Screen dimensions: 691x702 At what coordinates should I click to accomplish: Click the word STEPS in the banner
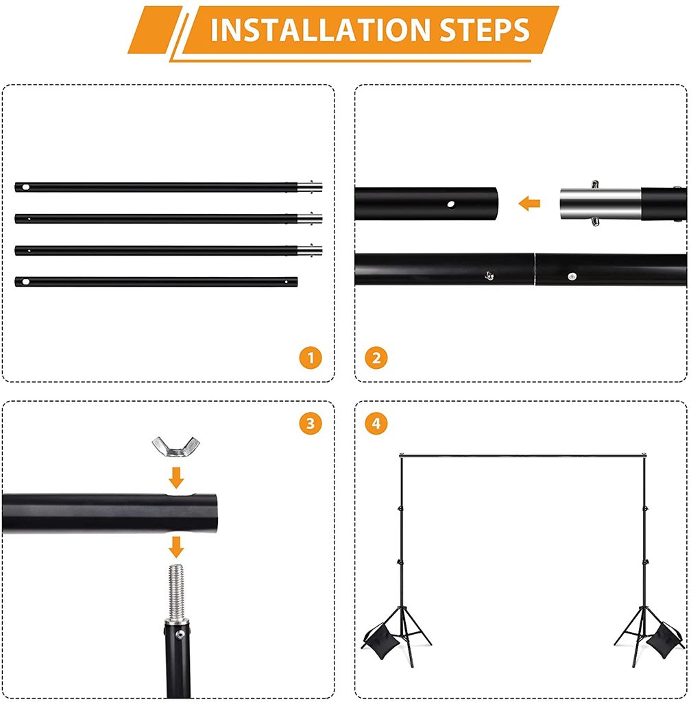point(485,30)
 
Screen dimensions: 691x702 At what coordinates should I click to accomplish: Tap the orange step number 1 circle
point(311,358)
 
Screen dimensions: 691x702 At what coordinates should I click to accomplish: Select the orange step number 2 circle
point(376,358)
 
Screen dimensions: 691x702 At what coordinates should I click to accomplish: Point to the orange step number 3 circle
point(311,424)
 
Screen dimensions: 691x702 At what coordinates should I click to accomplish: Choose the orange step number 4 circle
point(376,424)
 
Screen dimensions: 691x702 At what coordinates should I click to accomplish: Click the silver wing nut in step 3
point(175,446)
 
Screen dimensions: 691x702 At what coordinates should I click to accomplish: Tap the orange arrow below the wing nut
point(176,478)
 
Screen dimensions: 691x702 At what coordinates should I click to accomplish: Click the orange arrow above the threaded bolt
point(176,547)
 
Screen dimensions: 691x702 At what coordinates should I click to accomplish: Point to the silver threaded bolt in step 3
point(176,592)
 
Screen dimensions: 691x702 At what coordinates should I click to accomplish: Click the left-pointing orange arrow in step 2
point(529,203)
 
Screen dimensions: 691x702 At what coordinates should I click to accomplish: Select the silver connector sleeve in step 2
point(601,204)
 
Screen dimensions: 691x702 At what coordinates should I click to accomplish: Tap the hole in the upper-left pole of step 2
point(450,204)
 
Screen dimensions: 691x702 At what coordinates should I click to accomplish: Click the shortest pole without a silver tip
point(156,282)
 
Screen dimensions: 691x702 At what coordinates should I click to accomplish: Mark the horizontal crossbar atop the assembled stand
point(523,456)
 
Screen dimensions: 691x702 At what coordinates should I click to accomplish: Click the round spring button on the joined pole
point(572,277)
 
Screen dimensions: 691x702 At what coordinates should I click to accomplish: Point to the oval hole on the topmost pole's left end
point(25,186)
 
